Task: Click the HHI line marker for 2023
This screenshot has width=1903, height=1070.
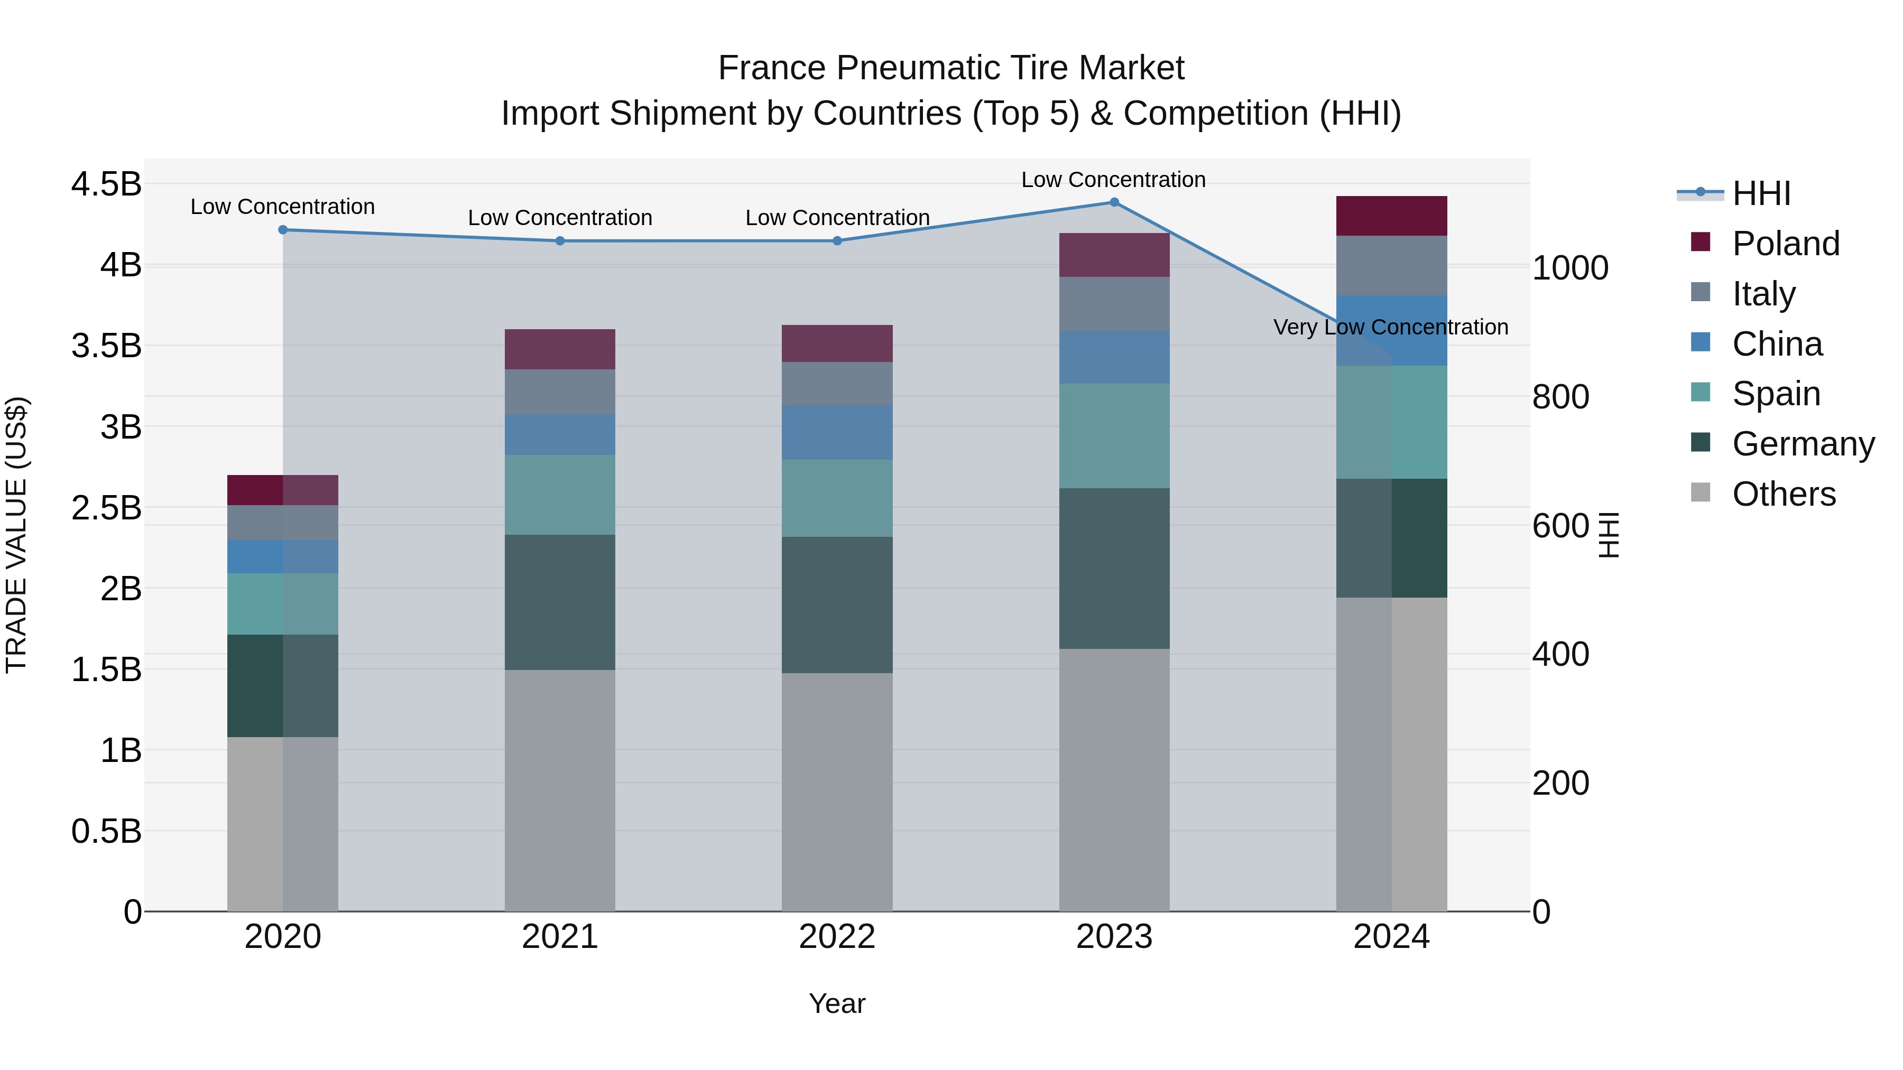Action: click(1114, 202)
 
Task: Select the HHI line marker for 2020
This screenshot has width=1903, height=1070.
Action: click(283, 230)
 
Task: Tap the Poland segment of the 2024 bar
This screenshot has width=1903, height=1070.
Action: click(1391, 216)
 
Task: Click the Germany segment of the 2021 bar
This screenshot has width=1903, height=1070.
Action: click(560, 602)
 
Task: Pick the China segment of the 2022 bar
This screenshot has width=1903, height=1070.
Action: click(837, 432)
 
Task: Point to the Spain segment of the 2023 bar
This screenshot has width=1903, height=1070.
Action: click(1114, 436)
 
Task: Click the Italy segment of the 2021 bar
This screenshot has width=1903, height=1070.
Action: click(560, 392)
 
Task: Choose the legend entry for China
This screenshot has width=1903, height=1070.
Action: click(1777, 344)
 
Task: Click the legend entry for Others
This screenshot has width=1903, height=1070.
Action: click(1784, 494)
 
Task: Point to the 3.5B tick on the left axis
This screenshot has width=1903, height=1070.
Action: click(106, 346)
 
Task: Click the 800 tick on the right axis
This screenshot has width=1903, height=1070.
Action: click(1560, 396)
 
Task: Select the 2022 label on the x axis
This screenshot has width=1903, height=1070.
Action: click(837, 937)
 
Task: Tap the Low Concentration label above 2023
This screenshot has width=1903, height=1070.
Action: click(1113, 180)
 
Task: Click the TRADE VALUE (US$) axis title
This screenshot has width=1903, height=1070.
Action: click(16, 535)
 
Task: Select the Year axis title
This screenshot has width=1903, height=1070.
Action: click(837, 1003)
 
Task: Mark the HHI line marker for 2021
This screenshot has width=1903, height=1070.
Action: click(560, 241)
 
